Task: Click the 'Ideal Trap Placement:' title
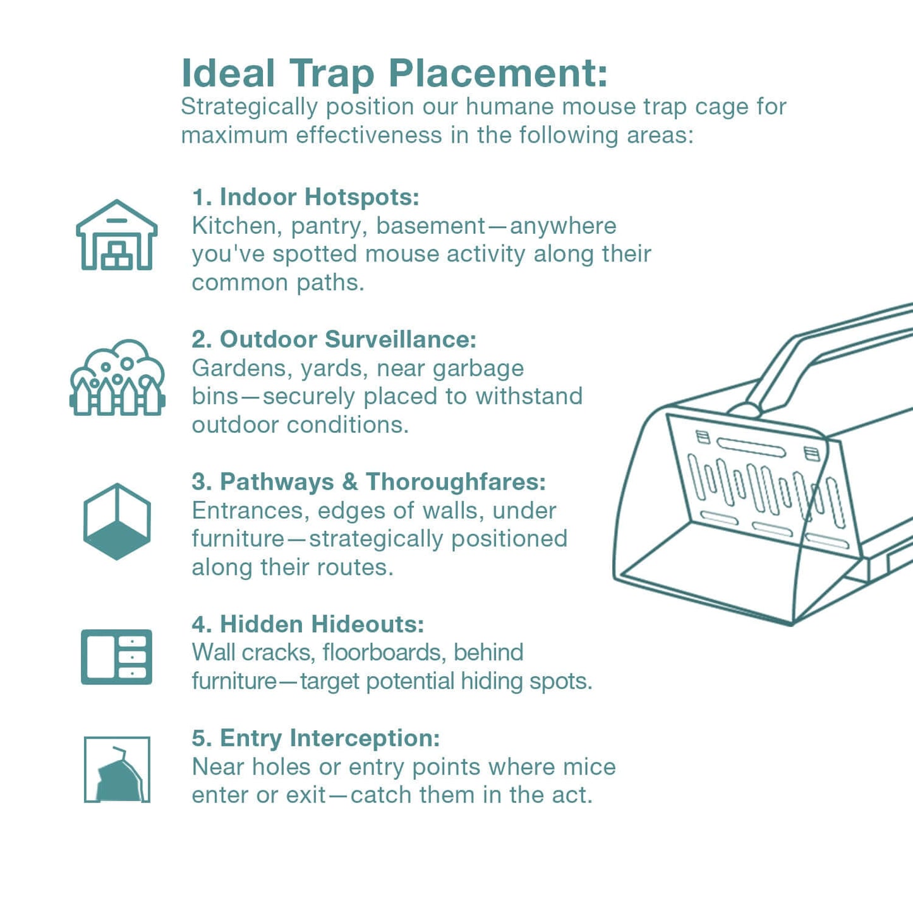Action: pyautogui.click(x=394, y=73)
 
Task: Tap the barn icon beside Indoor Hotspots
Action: pyautogui.click(x=116, y=235)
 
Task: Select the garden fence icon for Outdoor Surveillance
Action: pyautogui.click(x=117, y=378)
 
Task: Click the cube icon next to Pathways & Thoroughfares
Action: pyautogui.click(x=117, y=521)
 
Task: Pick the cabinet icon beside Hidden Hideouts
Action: pyautogui.click(x=116, y=656)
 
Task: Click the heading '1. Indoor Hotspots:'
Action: pyautogui.click(x=306, y=197)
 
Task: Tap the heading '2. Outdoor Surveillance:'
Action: pyautogui.click(x=334, y=339)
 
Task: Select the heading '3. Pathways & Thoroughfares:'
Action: pyautogui.click(x=369, y=482)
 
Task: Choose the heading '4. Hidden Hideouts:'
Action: pyautogui.click(x=308, y=624)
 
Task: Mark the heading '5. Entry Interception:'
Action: pyautogui.click(x=316, y=738)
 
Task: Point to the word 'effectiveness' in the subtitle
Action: pyautogui.click(x=369, y=135)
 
